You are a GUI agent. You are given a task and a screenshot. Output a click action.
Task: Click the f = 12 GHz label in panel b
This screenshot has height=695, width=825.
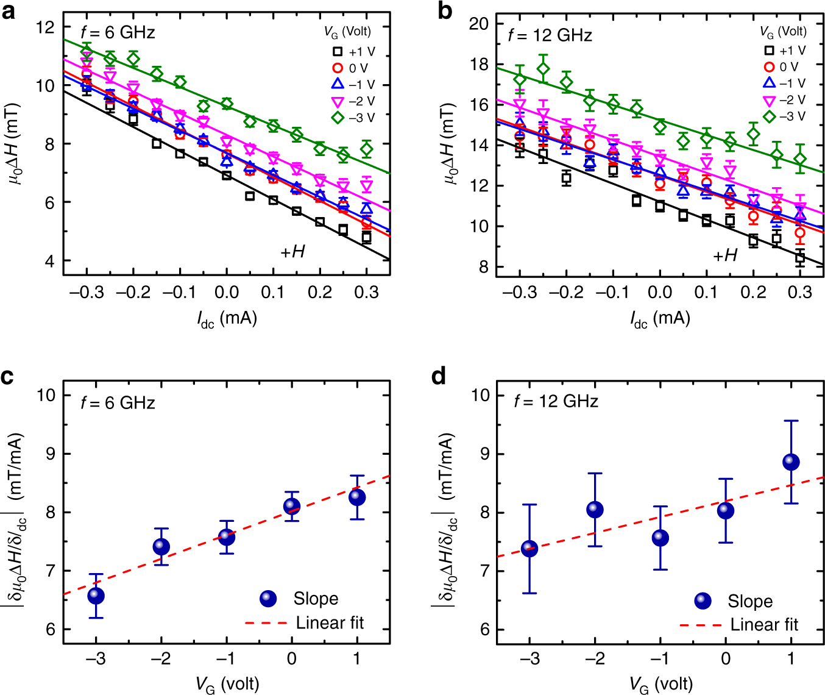click(x=550, y=35)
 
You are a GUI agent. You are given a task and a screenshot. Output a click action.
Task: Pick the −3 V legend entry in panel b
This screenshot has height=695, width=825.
click(x=785, y=116)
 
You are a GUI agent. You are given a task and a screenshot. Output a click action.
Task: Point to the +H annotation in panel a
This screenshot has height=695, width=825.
click(x=292, y=251)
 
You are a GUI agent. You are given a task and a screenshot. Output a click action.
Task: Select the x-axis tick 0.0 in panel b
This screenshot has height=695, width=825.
click(x=659, y=293)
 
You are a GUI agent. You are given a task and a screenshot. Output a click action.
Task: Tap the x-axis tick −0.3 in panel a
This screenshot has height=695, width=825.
click(x=87, y=293)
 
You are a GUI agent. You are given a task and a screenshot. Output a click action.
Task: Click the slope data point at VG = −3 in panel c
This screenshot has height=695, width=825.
click(x=96, y=596)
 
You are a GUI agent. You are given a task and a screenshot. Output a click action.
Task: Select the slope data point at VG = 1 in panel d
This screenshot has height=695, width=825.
click(x=791, y=462)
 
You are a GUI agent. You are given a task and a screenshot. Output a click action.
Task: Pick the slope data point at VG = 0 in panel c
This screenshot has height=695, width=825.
click(x=292, y=506)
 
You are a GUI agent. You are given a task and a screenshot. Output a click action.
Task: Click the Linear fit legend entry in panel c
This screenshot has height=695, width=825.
click(x=305, y=622)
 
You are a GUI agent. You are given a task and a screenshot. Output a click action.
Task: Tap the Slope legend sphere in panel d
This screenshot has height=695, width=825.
click(x=703, y=601)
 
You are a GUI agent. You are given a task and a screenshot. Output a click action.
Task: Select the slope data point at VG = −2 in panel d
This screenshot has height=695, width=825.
click(x=595, y=510)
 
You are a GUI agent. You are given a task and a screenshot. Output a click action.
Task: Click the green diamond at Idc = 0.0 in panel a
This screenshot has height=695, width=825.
click(x=227, y=104)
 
